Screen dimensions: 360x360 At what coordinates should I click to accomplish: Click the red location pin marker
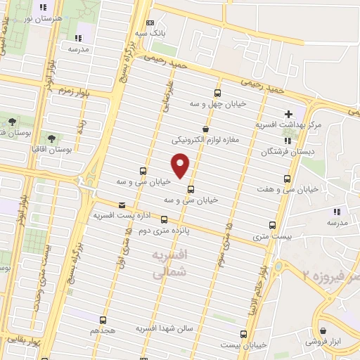point(181,164)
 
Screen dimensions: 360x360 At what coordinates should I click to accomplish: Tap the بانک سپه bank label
point(151,33)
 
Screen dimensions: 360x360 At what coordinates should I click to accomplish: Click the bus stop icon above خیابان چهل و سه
point(217,93)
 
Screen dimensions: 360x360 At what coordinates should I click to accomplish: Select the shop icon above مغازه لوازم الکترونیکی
point(205,129)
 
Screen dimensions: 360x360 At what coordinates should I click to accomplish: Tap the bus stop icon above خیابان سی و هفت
point(286,178)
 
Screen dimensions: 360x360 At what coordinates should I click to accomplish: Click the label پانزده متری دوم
point(164,231)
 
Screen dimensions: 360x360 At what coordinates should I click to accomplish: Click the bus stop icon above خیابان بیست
point(243,334)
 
